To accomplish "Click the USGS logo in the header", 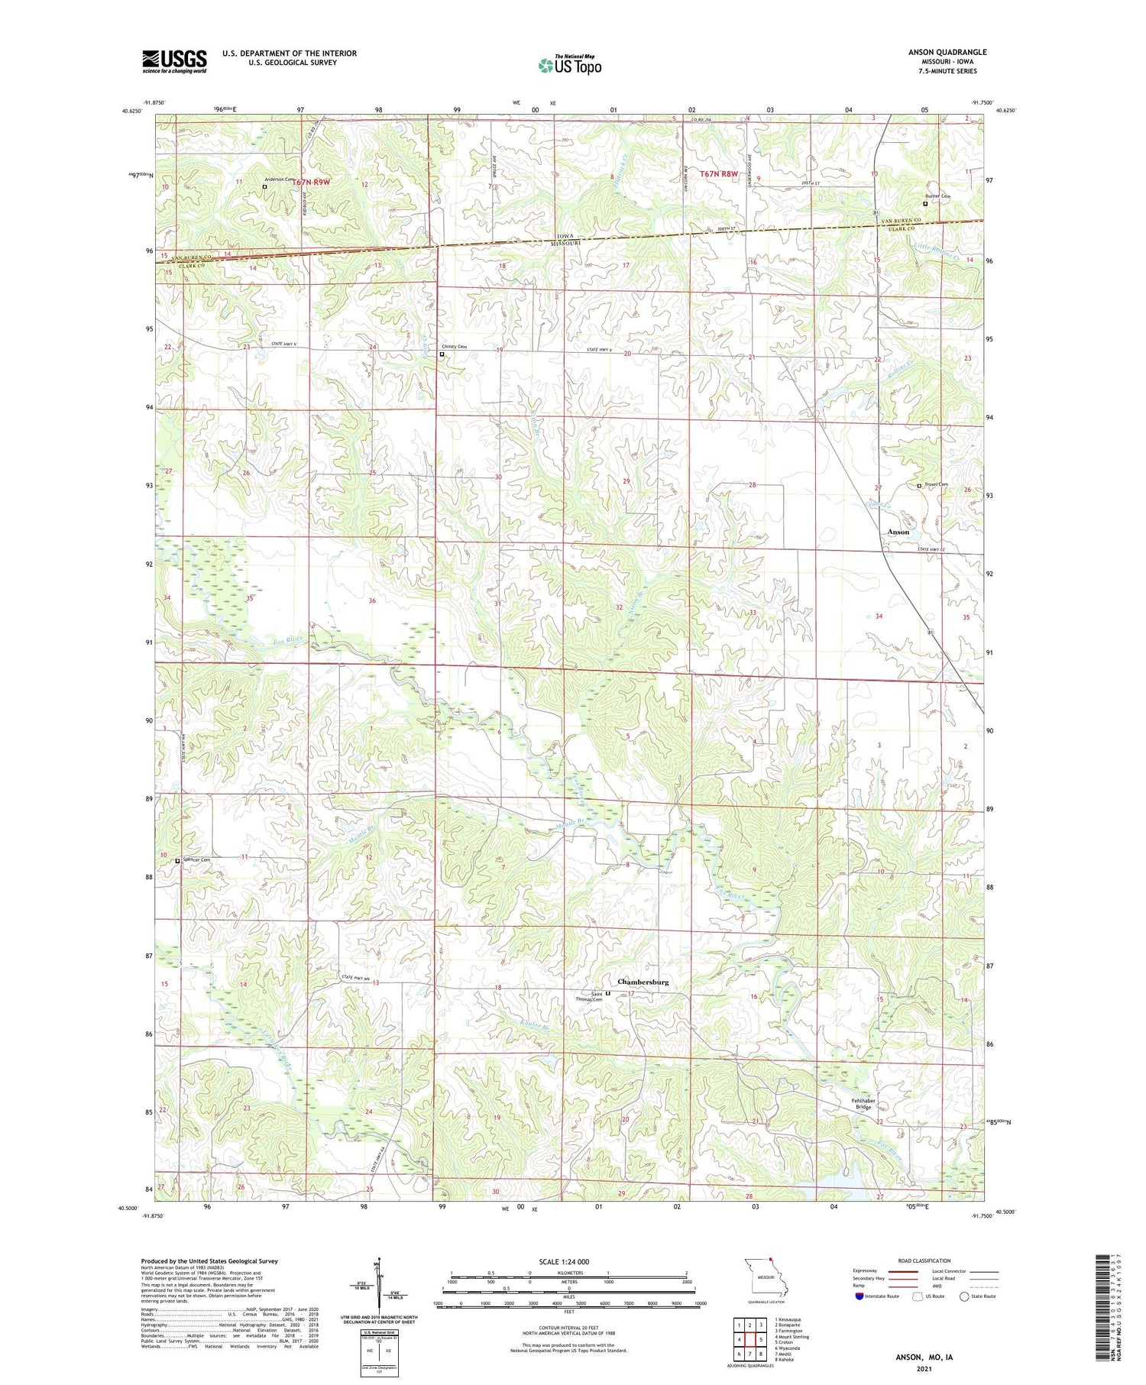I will (174, 61).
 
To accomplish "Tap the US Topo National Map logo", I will (569, 65).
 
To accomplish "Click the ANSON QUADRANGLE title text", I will (947, 52).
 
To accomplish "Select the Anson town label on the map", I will (898, 532).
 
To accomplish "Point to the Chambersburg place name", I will (643, 982).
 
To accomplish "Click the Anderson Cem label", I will (280, 179).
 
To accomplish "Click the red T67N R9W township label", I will (311, 183).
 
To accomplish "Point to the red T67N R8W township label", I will (719, 174).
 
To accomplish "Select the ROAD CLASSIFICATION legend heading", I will (924, 1260).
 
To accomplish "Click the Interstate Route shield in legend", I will (859, 1296).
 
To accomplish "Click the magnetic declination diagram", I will (377, 1286).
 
